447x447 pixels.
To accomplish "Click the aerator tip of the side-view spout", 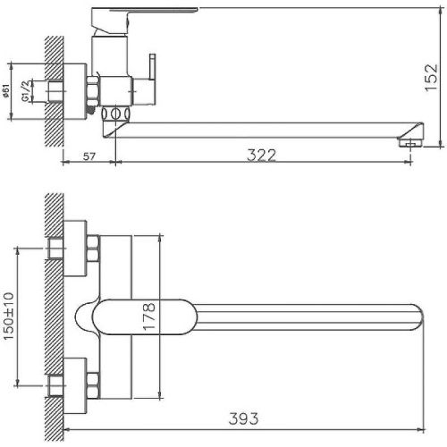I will pos(410,140).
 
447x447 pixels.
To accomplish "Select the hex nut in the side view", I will pos(92,90).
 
